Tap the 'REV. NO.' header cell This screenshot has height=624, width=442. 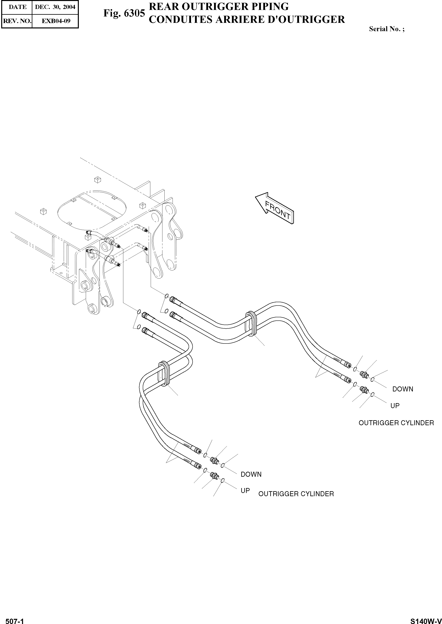point(17,21)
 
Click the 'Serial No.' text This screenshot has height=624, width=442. point(386,29)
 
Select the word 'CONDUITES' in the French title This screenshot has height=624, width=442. point(180,20)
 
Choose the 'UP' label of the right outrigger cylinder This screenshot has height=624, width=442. point(395,406)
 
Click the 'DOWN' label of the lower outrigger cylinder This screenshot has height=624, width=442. point(251,474)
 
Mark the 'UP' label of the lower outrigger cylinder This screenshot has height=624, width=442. point(245,491)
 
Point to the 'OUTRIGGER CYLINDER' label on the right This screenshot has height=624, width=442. point(396,423)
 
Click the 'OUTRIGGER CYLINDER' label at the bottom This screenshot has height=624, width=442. point(296,494)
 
